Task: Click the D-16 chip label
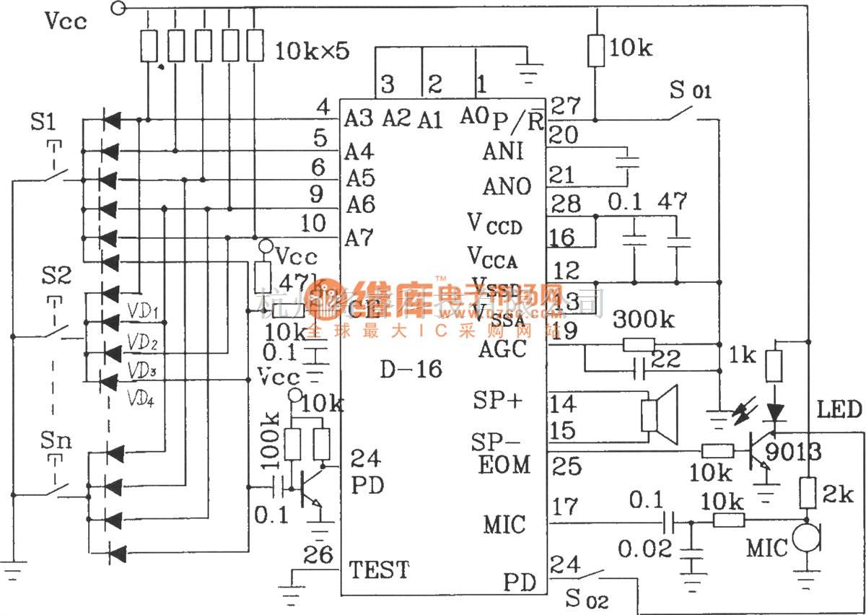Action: click(x=411, y=370)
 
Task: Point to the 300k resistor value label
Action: click(x=644, y=318)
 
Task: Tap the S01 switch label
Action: click(x=690, y=92)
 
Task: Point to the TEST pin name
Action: click(x=379, y=570)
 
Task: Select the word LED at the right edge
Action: click(x=839, y=410)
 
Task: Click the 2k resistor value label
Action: click(x=837, y=495)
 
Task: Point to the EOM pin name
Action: click(x=504, y=465)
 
